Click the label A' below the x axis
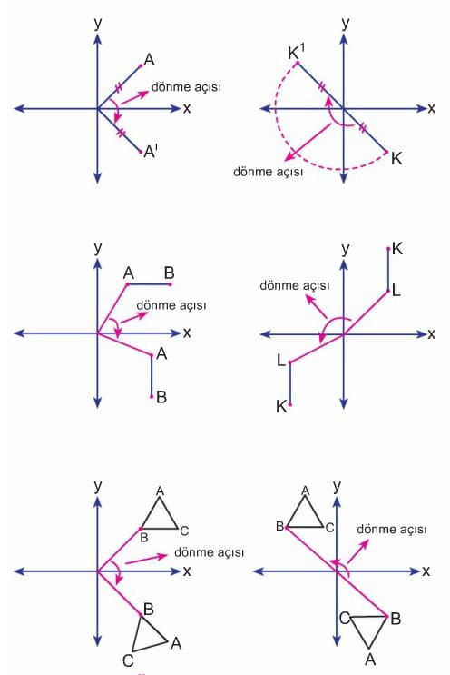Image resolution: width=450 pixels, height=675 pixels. click(x=151, y=152)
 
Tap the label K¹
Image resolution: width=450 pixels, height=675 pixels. click(x=296, y=52)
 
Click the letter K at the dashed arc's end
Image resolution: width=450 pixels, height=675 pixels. click(x=396, y=159)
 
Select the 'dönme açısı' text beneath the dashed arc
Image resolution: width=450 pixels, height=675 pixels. click(x=269, y=172)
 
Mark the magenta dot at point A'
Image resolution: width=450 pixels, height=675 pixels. click(x=141, y=152)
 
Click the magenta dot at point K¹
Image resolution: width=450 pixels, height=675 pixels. click(x=298, y=63)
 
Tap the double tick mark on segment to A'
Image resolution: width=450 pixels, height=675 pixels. click(x=121, y=132)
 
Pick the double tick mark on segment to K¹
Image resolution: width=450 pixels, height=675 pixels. click(x=321, y=88)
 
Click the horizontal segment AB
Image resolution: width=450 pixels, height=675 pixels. click(x=149, y=284)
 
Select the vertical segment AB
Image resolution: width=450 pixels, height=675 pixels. click(x=152, y=376)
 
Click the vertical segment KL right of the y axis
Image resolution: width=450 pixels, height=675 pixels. click(x=388, y=270)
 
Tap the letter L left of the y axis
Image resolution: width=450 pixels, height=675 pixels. click(x=281, y=361)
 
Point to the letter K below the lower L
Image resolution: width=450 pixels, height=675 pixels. click(x=281, y=406)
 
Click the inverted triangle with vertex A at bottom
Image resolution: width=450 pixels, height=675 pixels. click(x=368, y=631)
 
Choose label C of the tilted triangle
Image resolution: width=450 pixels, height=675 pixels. click(x=128, y=660)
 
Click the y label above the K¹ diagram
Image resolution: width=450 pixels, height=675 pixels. click(x=345, y=23)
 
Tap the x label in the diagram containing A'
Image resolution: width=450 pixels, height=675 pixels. click(x=187, y=108)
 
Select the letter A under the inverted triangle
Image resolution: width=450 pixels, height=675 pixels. click(x=369, y=659)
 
